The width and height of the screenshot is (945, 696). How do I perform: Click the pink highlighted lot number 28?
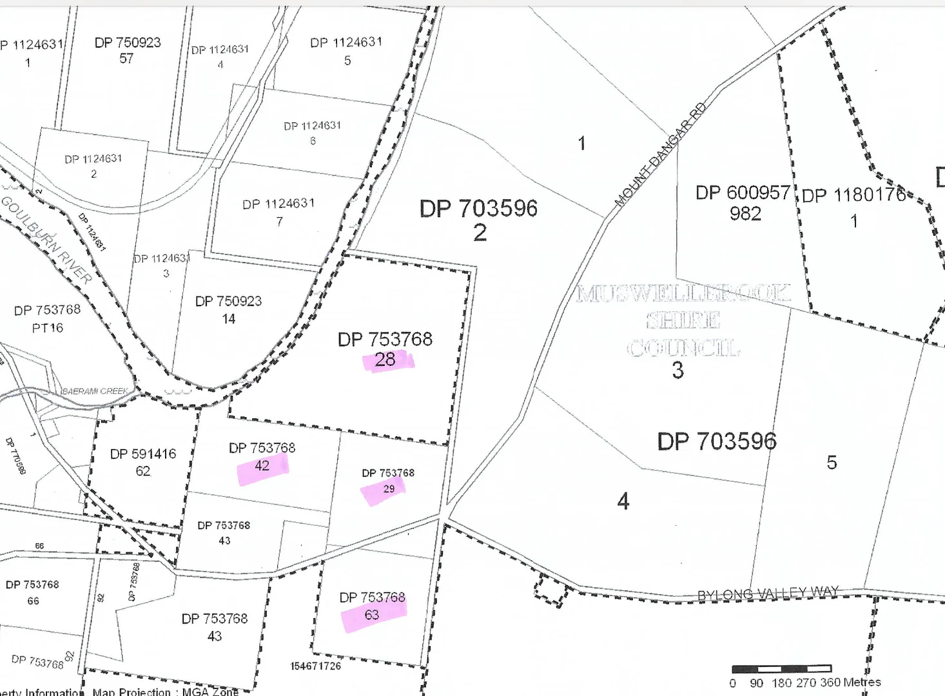tap(385, 360)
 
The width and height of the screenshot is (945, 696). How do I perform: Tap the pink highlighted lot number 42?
tap(262, 466)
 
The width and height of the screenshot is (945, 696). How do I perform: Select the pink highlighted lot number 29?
tap(389, 489)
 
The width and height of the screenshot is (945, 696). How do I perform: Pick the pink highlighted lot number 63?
tap(372, 615)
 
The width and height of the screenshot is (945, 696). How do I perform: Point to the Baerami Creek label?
tap(95, 391)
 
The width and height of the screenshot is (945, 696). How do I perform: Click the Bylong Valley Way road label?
tap(768, 593)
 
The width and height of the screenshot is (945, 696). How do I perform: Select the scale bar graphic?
tap(782, 669)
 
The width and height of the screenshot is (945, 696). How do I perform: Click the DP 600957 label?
tap(743, 193)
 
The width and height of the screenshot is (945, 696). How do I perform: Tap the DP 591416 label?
tap(143, 454)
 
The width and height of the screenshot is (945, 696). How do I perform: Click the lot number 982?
tap(745, 214)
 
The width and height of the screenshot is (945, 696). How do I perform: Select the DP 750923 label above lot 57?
tap(128, 43)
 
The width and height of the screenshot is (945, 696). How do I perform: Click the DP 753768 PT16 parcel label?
tap(48, 318)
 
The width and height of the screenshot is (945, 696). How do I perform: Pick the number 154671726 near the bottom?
tap(315, 666)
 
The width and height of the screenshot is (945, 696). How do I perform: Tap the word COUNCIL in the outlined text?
tap(683, 349)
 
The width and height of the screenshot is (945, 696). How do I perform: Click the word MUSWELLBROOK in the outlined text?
tap(683, 294)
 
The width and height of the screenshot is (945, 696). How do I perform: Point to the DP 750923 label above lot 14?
tap(229, 301)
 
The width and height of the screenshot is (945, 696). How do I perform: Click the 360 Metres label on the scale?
tap(850, 682)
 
